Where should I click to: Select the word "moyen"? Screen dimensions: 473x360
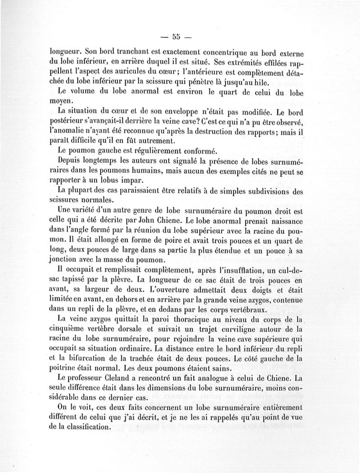(60, 102)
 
